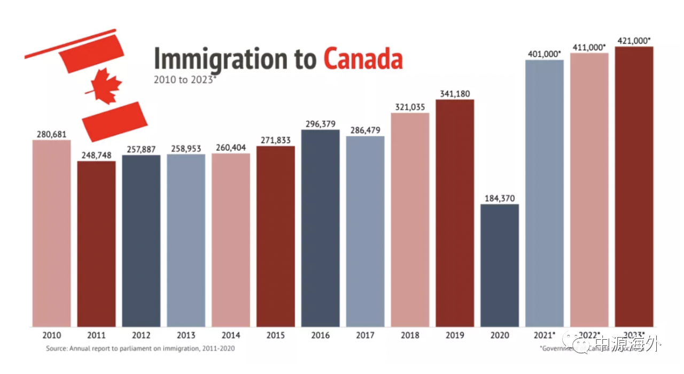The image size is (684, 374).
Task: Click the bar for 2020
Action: point(499,265)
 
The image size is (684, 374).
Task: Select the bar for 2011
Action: point(96,244)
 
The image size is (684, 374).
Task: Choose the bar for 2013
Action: point(186,240)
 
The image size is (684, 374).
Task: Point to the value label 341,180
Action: point(454,94)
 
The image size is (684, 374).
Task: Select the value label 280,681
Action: point(51,134)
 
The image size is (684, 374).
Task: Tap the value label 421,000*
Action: point(634,40)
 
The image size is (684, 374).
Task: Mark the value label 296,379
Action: point(320,124)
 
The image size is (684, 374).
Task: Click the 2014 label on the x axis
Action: point(230,335)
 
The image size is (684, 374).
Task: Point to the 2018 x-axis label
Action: point(410,335)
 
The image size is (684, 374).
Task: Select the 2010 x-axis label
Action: point(51,335)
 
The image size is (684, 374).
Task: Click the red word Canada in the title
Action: point(362,59)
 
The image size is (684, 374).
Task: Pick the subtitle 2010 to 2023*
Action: point(185,80)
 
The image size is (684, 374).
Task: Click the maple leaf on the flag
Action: point(106,86)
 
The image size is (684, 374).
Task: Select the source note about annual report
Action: point(141,348)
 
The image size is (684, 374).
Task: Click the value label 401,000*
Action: point(544,54)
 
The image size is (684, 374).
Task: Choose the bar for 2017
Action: point(365,231)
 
